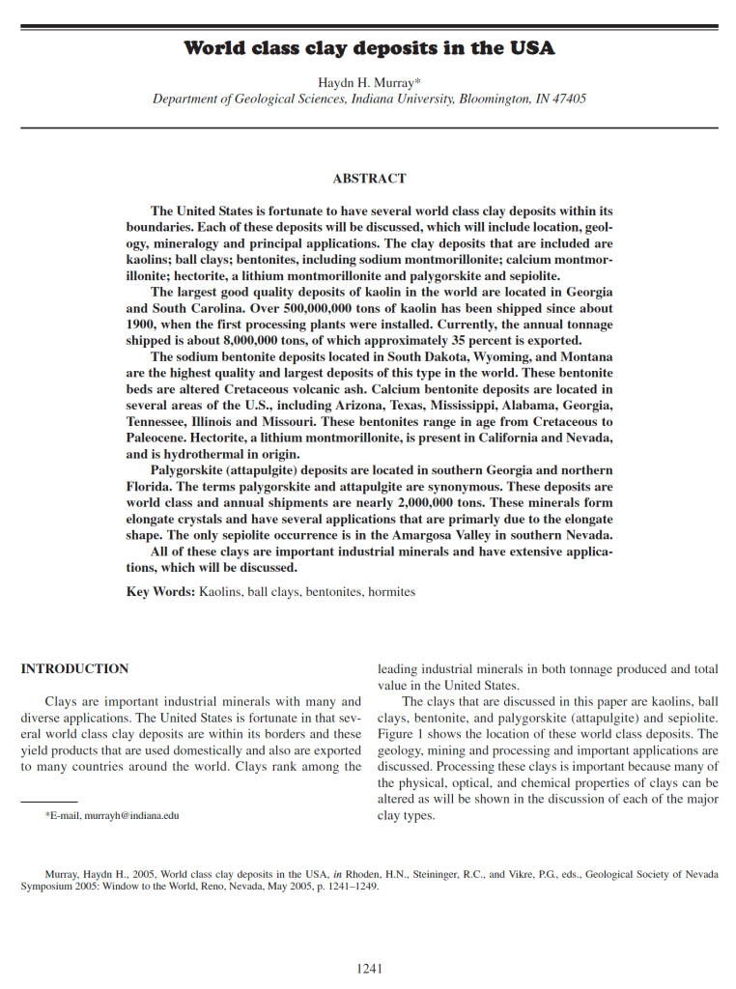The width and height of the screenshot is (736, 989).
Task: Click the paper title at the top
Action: pyautogui.click(x=369, y=48)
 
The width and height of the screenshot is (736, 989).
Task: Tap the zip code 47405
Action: pyautogui.click(x=569, y=99)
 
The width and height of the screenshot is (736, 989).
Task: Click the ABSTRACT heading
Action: pyautogui.click(x=369, y=179)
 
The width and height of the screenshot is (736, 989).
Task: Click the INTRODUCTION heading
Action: pyautogui.click(x=74, y=669)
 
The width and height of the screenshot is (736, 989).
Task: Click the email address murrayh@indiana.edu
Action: pyautogui.click(x=131, y=816)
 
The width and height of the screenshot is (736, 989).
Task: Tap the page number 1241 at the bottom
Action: pyautogui.click(x=369, y=968)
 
